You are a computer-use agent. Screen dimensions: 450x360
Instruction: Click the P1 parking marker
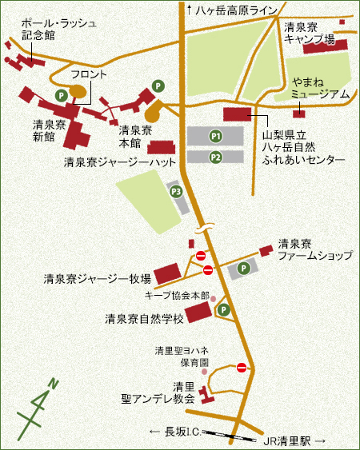tap(215, 137)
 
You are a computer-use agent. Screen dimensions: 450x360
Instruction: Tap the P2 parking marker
tap(215, 157)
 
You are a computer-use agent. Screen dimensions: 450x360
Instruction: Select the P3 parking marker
tap(175, 191)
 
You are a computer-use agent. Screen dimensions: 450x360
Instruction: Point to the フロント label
tap(89, 74)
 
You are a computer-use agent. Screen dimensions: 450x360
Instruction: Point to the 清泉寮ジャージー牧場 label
tap(98, 279)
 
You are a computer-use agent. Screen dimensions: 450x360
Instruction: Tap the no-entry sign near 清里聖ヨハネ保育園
tap(242, 367)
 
